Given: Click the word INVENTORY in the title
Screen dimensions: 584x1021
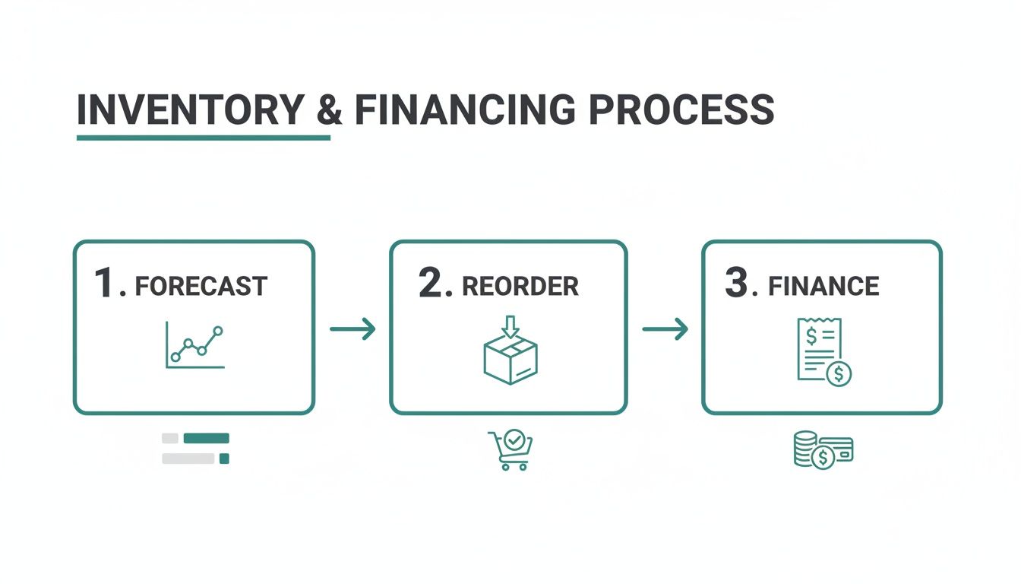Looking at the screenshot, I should (x=190, y=110).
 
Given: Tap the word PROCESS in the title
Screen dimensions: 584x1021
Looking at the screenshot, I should (x=681, y=110).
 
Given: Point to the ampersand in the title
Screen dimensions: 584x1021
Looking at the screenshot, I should (x=329, y=110).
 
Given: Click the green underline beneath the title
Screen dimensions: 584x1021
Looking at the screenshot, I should (x=204, y=138).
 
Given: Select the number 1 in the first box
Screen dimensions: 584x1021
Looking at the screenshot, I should (x=105, y=283).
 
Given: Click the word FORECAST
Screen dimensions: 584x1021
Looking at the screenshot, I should (x=201, y=287).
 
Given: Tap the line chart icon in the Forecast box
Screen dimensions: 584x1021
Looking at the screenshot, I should (x=195, y=346).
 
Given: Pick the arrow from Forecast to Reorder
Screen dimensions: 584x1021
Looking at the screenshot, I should (x=352, y=328).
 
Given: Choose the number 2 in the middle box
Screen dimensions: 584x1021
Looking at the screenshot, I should (x=430, y=283).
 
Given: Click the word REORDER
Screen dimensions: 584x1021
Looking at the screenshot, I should (x=520, y=287).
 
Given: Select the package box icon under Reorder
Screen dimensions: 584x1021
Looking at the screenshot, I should (x=510, y=360).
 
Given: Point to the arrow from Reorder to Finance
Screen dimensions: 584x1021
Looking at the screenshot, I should (x=665, y=328).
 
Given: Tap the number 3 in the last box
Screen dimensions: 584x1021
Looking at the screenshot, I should (x=737, y=283).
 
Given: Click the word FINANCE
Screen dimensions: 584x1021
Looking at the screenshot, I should (x=823, y=287).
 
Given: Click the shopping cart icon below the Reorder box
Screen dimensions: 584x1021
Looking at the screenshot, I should (x=510, y=450).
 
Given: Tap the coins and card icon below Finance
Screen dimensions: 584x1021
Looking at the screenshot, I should (x=823, y=449).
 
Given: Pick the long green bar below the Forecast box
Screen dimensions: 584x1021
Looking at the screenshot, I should (x=206, y=438).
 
